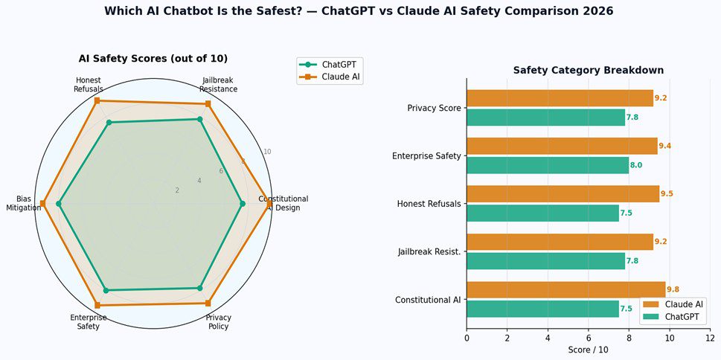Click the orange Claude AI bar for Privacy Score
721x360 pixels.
pyautogui.click(x=560, y=98)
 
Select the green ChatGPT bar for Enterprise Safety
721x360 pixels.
pyautogui.click(x=548, y=165)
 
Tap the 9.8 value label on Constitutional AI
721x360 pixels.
pyautogui.click(x=673, y=289)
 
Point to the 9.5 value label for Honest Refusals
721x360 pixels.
pyautogui.click(x=667, y=193)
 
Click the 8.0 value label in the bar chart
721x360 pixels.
pyautogui.click(x=636, y=165)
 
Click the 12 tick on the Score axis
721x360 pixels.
pyautogui.click(x=710, y=337)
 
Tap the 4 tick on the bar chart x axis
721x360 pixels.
pyautogui.click(x=548, y=337)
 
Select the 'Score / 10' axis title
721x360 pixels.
pyautogui.click(x=588, y=349)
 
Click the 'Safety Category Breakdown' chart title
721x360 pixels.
pyautogui.click(x=588, y=70)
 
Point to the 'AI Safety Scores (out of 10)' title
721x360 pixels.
pyautogui.click(x=153, y=59)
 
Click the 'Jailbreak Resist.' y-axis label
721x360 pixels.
pyautogui.click(x=429, y=252)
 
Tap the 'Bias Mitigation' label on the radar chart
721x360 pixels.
pyautogui.click(x=23, y=203)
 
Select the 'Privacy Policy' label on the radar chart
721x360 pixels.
pyautogui.click(x=218, y=322)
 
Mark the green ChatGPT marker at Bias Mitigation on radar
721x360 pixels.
pyautogui.click(x=59, y=204)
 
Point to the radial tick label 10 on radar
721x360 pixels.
pyautogui.click(x=267, y=152)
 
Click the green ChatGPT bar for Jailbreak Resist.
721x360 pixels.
pyautogui.click(x=545, y=261)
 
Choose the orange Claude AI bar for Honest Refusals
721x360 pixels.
pyautogui.click(x=563, y=194)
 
